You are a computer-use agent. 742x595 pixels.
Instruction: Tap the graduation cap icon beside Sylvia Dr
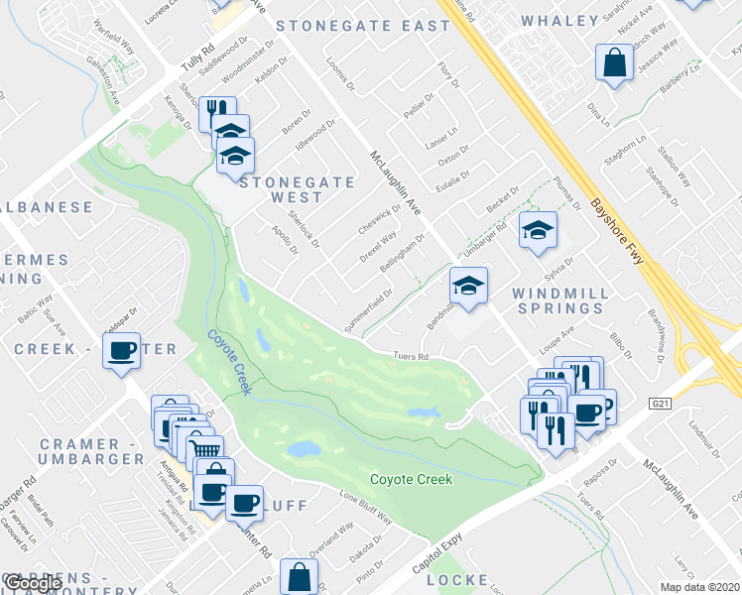[x=537, y=231]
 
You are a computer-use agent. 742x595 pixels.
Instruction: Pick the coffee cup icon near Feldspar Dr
[x=122, y=351]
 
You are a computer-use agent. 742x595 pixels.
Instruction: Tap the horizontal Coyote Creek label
[x=411, y=480]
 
